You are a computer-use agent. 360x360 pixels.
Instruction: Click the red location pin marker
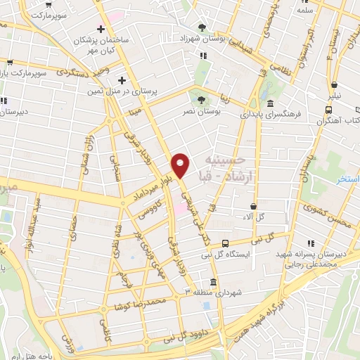pos(181,165)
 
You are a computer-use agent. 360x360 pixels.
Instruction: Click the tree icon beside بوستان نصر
pos(202,100)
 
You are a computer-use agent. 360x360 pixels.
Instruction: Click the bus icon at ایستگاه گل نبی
pos(224,243)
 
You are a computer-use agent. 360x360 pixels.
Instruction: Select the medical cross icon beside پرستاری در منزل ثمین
pos(122,79)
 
